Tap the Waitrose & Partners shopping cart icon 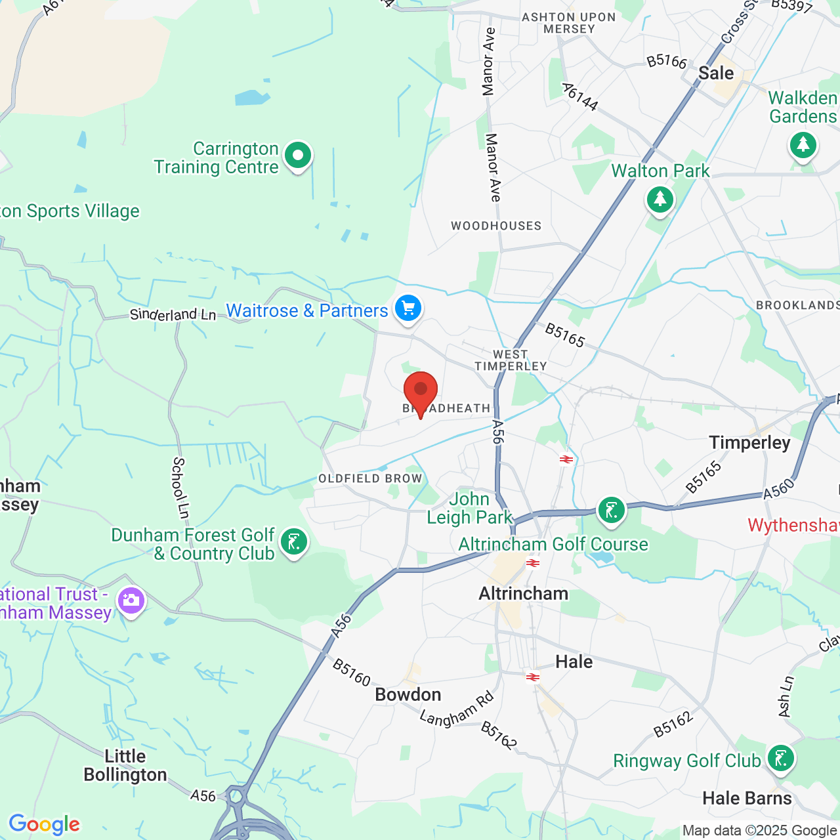[408, 308]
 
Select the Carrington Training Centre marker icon [298, 156]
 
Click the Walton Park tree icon [660, 199]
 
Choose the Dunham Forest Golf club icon [293, 543]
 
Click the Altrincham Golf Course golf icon [612, 510]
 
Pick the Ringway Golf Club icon [780, 759]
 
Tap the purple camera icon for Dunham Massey [131, 600]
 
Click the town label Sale [716, 73]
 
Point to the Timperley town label [749, 443]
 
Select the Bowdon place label [408, 694]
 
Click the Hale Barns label [747, 798]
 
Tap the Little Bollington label [125, 766]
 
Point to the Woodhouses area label [496, 226]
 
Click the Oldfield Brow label [370, 478]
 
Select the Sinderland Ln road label [173, 314]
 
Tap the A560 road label [779, 489]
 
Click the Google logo [44, 824]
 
